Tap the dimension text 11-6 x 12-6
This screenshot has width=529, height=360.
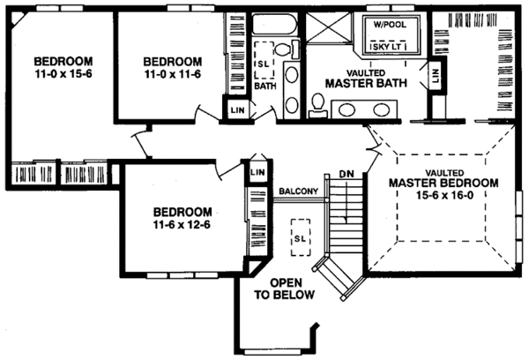[x=182, y=225]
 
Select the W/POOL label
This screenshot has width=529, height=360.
[x=389, y=26]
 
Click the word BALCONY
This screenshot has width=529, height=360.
[x=298, y=190]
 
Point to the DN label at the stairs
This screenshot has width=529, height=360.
[x=346, y=175]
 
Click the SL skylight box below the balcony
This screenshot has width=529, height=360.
[x=302, y=237]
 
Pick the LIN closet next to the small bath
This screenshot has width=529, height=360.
[x=237, y=110]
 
